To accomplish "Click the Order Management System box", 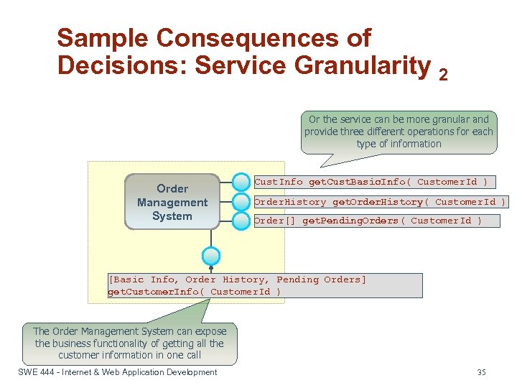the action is pos(172,202).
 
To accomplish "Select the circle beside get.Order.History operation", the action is pos(241,202).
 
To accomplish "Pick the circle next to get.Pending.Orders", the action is pos(241,220).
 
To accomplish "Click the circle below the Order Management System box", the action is pos(211,256).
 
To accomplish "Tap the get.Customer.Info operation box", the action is pos(264,285).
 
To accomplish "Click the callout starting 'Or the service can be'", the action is pos(399,131).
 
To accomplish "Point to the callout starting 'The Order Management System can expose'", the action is pos(130,343).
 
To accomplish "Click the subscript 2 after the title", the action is pos(443,73).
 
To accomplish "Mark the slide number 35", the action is pos(481,372).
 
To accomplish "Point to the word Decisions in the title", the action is pos(121,65).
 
